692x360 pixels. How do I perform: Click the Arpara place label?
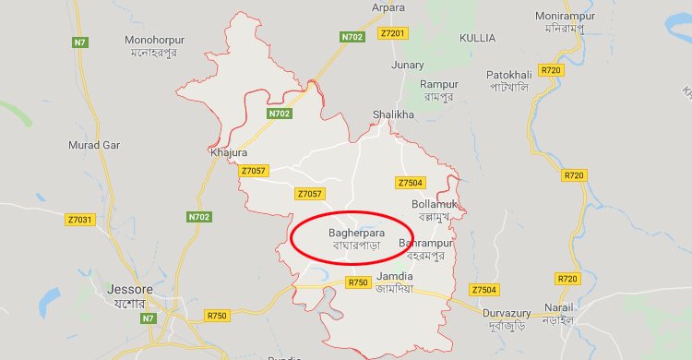tap(388, 7)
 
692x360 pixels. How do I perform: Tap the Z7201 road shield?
tap(392, 33)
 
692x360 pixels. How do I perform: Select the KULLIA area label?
tap(477, 38)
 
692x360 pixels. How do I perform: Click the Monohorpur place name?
tap(155, 41)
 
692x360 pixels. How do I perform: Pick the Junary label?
tap(408, 65)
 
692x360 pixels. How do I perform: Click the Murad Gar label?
tap(94, 145)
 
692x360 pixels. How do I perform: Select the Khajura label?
tap(229, 152)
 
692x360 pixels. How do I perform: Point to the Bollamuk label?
tap(433, 203)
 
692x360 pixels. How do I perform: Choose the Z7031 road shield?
tap(79, 220)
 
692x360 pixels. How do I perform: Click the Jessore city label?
tap(129, 290)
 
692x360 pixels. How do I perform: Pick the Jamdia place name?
tap(394, 277)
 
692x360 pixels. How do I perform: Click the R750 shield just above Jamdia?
tap(358, 282)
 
